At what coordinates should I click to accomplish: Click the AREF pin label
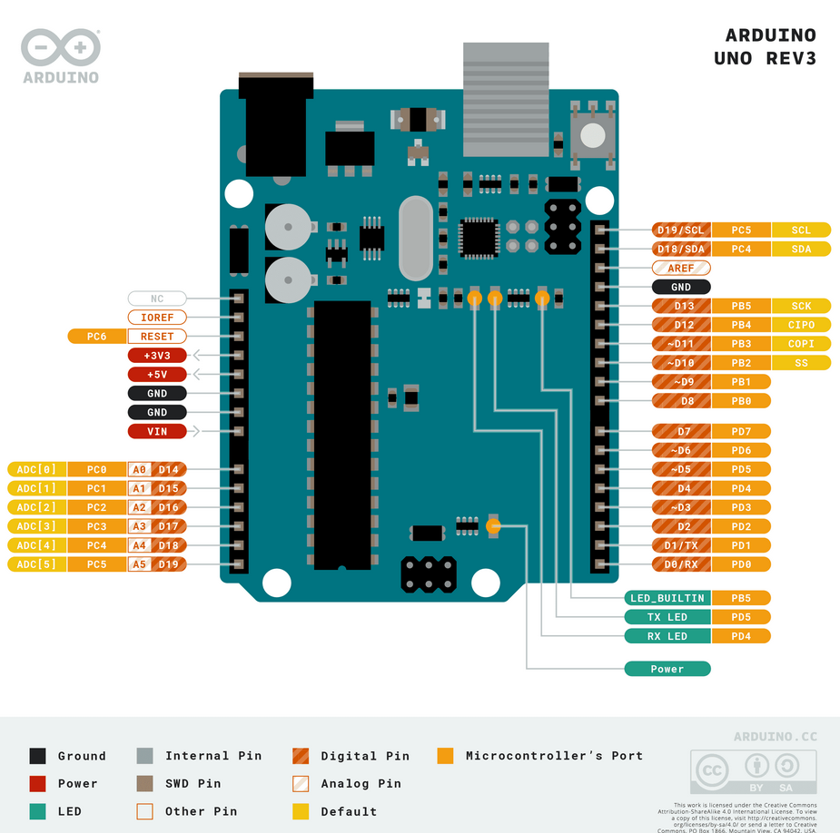point(681,269)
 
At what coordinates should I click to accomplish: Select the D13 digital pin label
point(682,306)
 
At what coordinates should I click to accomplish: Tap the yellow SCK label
point(801,306)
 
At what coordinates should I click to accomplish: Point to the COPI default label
point(801,344)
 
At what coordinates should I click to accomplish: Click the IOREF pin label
point(157,318)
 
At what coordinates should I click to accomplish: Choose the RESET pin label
point(157,337)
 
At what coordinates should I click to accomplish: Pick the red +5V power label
point(157,375)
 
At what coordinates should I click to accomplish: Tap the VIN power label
point(157,431)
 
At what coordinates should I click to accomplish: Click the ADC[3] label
point(36,526)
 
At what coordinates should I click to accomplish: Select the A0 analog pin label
point(139,469)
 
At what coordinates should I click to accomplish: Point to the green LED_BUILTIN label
point(667,598)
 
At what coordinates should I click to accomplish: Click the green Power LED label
point(667,669)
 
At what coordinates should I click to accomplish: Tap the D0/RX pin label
point(682,564)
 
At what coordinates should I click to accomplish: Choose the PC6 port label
point(96,337)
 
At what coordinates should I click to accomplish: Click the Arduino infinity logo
point(60,47)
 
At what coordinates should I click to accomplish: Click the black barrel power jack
point(275,127)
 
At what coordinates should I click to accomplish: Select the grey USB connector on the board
point(506,100)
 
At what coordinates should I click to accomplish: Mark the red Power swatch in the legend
point(37,783)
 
